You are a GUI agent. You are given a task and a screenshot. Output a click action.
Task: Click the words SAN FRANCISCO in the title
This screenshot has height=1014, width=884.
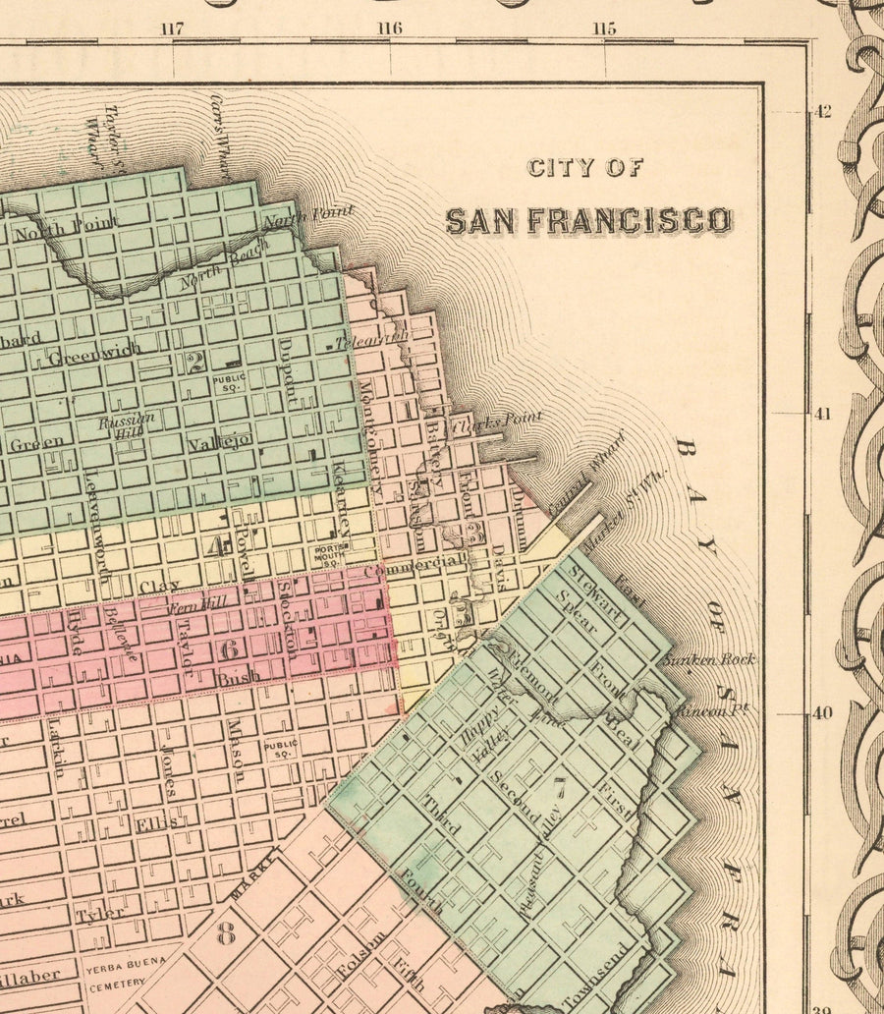click(x=587, y=220)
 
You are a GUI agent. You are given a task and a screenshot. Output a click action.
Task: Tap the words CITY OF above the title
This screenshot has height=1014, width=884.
click(x=585, y=167)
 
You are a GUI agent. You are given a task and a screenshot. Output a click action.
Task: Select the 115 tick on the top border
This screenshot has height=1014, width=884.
click(x=604, y=28)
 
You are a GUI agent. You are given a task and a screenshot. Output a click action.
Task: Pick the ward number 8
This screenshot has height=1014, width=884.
click(x=226, y=932)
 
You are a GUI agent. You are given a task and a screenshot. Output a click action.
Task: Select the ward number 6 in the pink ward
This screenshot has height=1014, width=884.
click(x=230, y=649)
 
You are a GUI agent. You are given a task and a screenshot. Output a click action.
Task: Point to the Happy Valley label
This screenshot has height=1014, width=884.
click(x=478, y=738)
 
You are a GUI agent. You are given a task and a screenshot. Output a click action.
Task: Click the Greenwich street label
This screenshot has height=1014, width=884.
click(x=94, y=351)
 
